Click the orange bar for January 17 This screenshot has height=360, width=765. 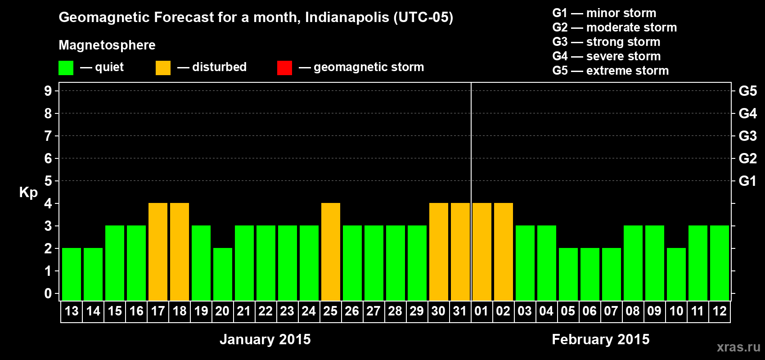click(158, 252)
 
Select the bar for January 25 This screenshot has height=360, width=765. click(331, 252)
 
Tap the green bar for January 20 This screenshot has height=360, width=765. click(223, 274)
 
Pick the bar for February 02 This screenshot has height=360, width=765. click(504, 252)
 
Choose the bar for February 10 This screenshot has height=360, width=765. click(676, 274)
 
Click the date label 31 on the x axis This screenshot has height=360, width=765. click(460, 311)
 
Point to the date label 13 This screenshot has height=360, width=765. click(72, 311)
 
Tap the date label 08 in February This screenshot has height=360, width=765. click(633, 311)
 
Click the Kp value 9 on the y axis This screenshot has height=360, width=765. click(48, 91)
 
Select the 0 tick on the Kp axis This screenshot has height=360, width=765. click(48, 293)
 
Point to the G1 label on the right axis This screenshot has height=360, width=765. click(747, 181)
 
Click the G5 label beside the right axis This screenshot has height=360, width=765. click(747, 91)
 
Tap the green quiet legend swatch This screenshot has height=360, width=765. click(66, 68)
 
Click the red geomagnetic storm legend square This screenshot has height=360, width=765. click(284, 68)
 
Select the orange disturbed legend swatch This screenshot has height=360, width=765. click(163, 68)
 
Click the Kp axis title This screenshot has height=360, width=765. click(28, 192)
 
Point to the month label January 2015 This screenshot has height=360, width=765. click(265, 339)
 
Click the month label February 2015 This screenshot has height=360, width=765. click(601, 339)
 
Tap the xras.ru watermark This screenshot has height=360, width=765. click(738, 347)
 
